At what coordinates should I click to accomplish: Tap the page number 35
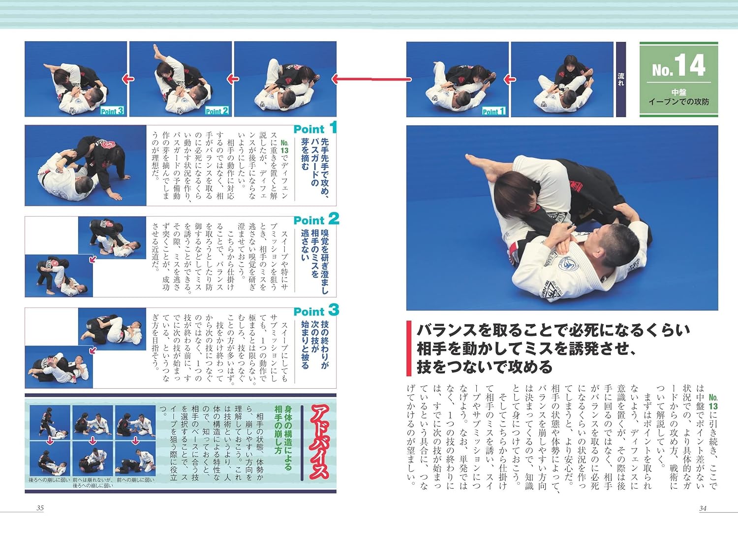tap(40, 508)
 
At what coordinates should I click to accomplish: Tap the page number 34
tap(703, 508)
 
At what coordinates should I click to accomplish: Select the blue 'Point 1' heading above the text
tap(315, 128)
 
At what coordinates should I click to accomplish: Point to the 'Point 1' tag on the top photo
tap(493, 112)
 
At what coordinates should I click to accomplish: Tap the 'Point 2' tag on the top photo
tap(217, 111)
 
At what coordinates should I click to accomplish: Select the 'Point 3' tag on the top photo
tap(112, 111)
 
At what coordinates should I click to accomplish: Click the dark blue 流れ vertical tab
tap(621, 79)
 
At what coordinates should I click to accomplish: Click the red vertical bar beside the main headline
tap(409, 348)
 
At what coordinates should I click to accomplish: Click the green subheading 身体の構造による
tap(288, 438)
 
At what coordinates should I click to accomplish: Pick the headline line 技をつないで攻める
tap(485, 367)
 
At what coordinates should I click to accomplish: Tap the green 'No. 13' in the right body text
tap(713, 402)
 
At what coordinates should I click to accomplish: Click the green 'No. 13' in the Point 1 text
tap(284, 147)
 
